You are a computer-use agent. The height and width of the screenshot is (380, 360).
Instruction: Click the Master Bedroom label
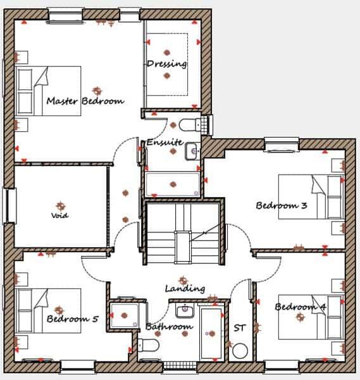click(x=85, y=101)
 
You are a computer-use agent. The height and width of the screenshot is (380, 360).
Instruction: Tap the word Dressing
click(x=166, y=63)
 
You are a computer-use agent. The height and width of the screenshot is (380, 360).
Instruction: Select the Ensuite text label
click(x=164, y=142)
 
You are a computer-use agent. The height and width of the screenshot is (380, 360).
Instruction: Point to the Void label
click(x=60, y=215)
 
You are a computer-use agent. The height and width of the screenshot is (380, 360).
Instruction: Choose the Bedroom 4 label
click(x=301, y=307)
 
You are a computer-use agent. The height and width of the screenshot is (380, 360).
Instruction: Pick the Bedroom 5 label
click(x=72, y=319)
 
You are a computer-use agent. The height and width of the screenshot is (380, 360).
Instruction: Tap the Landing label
click(x=185, y=288)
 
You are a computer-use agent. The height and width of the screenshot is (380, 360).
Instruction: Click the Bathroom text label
click(x=169, y=327)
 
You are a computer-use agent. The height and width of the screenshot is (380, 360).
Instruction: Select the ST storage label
click(x=239, y=328)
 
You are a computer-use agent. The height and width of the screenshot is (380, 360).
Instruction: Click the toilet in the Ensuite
click(x=189, y=123)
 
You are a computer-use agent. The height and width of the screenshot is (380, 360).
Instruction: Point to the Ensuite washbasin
click(x=192, y=151)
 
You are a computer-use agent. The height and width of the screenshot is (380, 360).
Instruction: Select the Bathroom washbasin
click(x=185, y=310)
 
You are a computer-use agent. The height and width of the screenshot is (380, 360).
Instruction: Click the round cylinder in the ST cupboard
click(x=240, y=350)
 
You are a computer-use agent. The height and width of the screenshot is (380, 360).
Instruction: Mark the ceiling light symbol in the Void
click(x=61, y=206)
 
